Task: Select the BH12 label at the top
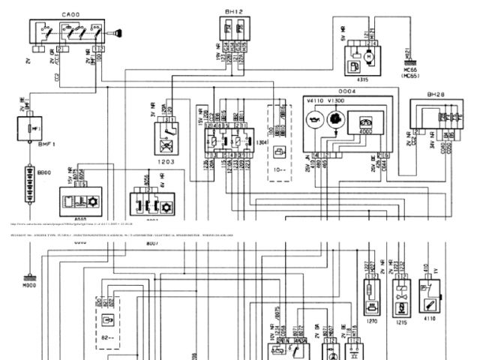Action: (233, 12)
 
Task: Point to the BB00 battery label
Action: (45, 172)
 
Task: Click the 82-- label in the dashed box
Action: (110, 337)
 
